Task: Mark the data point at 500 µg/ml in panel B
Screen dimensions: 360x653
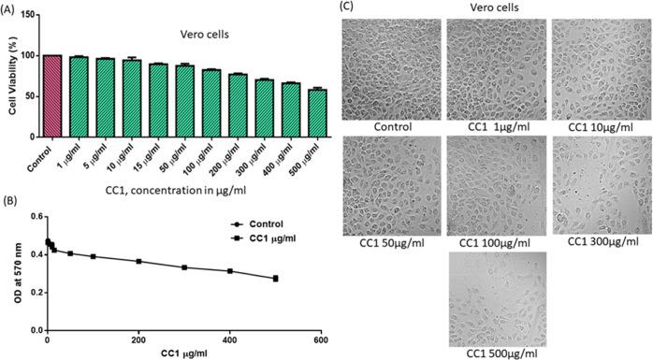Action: pyautogui.click(x=275, y=279)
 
